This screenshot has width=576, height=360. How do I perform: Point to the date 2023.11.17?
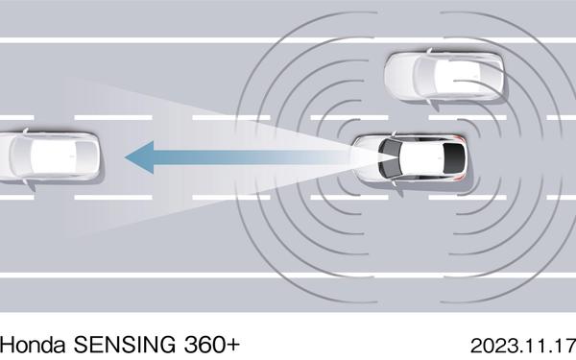pyautogui.click(x=522, y=342)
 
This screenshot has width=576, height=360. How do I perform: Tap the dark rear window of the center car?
pyautogui.click(x=452, y=158)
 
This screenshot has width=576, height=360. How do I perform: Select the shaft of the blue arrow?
pyautogui.click(x=250, y=155)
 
